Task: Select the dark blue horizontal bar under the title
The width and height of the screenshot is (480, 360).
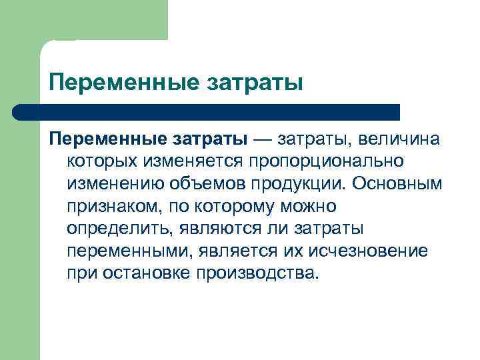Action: pos(207,112)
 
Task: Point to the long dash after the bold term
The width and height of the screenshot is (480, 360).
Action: pos(262,139)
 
